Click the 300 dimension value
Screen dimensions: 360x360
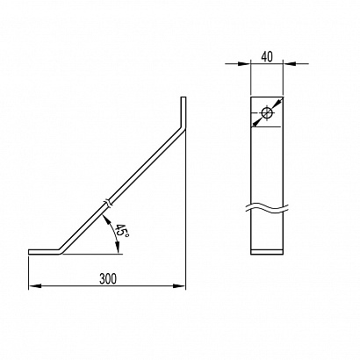108,278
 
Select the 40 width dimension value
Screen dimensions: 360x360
267,57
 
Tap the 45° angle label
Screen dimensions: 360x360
121,230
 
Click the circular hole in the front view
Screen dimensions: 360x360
267,113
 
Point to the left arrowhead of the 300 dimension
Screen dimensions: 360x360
34,285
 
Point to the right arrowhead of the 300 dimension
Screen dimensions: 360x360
179,285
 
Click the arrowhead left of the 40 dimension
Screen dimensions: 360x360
244,63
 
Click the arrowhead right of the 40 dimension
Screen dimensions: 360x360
289,63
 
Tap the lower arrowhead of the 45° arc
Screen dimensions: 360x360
118,248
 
